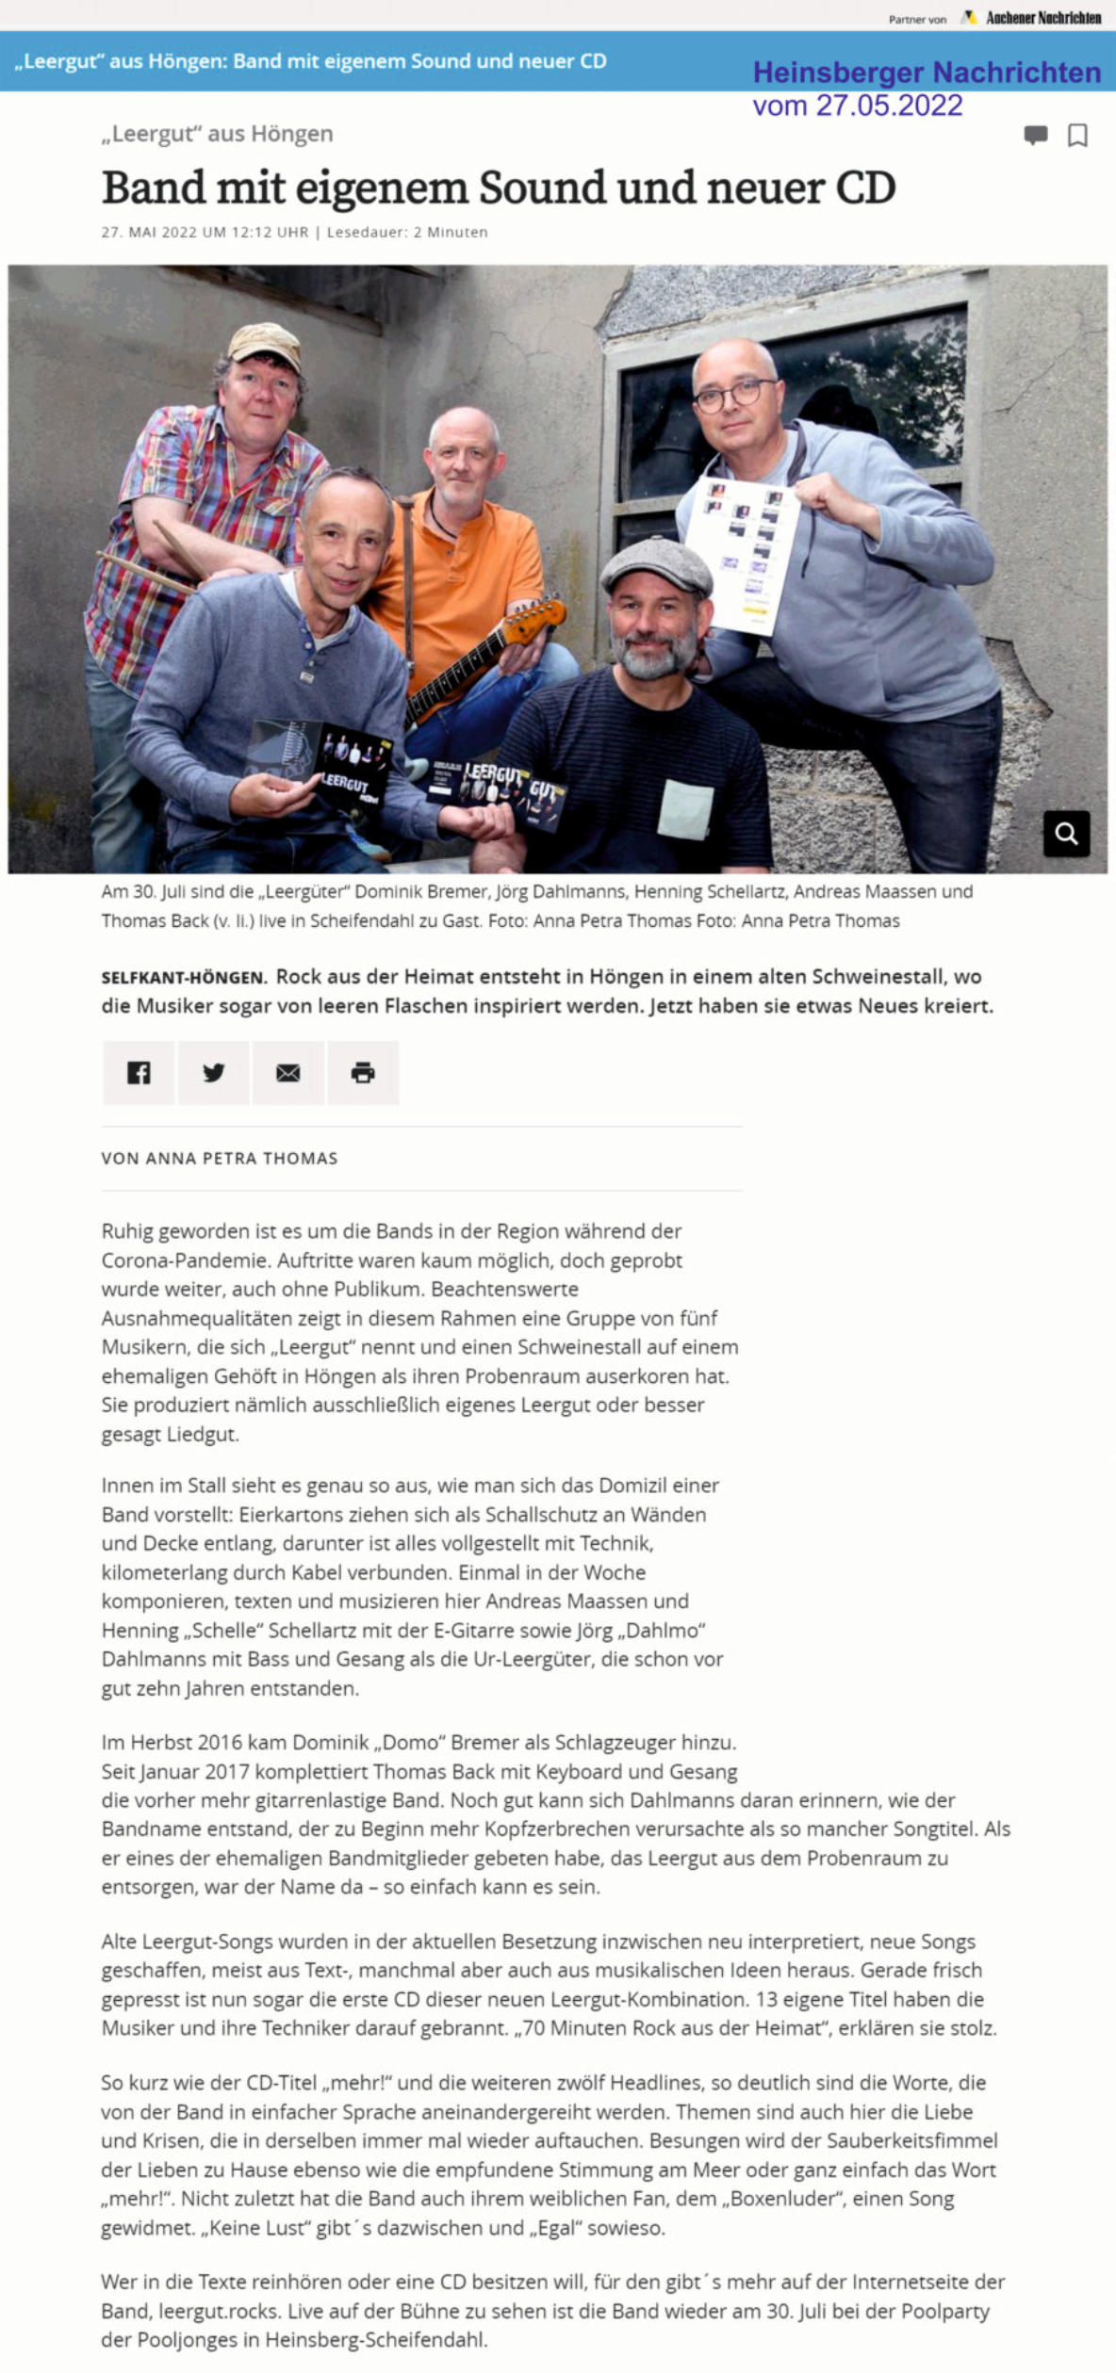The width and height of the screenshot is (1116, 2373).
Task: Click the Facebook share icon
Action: click(x=139, y=1072)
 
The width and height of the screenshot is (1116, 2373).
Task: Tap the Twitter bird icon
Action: click(x=214, y=1072)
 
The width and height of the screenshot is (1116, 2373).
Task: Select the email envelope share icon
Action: click(x=288, y=1072)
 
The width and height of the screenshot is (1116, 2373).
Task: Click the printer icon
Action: click(x=363, y=1072)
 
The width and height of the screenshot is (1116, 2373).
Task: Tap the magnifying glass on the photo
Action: click(x=1066, y=834)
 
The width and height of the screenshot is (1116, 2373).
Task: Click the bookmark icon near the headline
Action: click(x=1077, y=136)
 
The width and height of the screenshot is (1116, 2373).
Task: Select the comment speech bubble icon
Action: click(x=1035, y=136)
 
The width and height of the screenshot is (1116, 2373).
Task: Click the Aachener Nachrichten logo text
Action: click(x=1042, y=18)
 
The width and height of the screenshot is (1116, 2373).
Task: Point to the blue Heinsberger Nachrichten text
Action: click(x=927, y=73)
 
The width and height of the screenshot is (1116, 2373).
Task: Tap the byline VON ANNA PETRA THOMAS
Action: click(x=220, y=1159)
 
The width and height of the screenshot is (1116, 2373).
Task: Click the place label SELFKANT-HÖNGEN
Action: click(x=184, y=978)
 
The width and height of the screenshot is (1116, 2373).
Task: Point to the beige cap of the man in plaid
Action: click(x=265, y=342)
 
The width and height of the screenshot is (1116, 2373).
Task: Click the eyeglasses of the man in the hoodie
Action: click(x=735, y=395)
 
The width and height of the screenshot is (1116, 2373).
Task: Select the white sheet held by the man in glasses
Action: click(x=745, y=556)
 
